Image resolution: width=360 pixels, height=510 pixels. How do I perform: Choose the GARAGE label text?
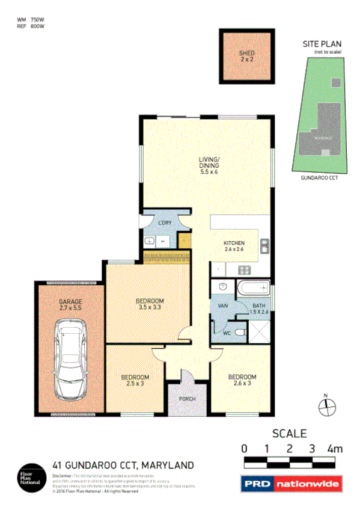[x=70, y=301]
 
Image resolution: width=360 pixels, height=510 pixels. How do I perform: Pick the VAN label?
[x=222, y=306]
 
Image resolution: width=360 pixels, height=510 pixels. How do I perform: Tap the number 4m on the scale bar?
[x=334, y=449]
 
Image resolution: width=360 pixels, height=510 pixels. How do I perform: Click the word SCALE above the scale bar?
[x=290, y=433]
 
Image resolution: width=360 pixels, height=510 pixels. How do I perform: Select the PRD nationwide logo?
[x=291, y=483]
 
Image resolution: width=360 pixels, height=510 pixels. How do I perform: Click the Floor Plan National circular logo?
[x=31, y=475]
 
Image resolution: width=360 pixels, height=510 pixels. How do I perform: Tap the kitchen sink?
[x=264, y=246]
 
